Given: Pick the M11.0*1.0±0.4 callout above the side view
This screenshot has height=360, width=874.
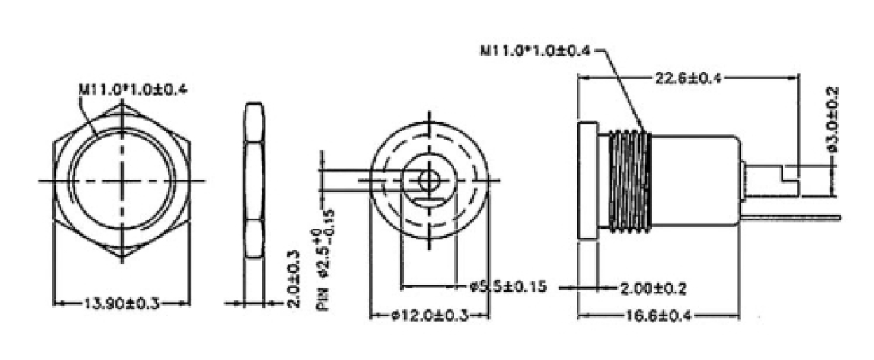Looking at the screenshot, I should click(x=535, y=51).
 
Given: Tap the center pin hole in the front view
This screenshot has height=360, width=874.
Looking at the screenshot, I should click(x=430, y=180).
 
